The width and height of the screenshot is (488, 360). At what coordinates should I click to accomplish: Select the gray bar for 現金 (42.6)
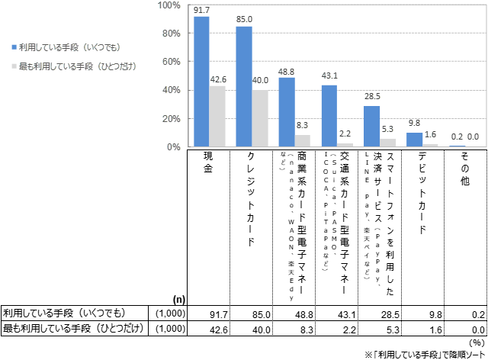(217, 116)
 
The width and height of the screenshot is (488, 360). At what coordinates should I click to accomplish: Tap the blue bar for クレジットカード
(244, 86)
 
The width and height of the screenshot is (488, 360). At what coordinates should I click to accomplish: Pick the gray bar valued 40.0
(260, 118)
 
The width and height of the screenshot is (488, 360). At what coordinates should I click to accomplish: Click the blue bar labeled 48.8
(287, 112)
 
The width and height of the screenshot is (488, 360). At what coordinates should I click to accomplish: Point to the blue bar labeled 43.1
(329, 116)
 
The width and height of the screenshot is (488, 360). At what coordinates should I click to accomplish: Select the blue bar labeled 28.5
(371, 126)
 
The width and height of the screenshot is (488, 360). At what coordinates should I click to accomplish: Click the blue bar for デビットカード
(414, 140)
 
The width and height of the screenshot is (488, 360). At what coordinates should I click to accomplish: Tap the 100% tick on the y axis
(169, 5)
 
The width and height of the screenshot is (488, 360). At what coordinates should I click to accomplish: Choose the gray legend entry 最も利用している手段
(72, 66)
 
